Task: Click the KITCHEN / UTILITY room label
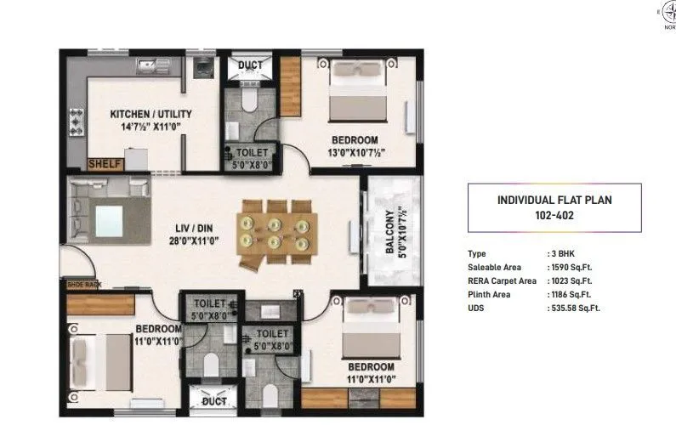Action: point(151,113)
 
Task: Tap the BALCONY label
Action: point(390,232)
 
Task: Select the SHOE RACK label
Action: point(84,285)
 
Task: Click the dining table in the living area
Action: point(278,232)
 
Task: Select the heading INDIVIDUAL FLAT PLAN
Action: point(554,200)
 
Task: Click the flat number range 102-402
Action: point(554,215)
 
